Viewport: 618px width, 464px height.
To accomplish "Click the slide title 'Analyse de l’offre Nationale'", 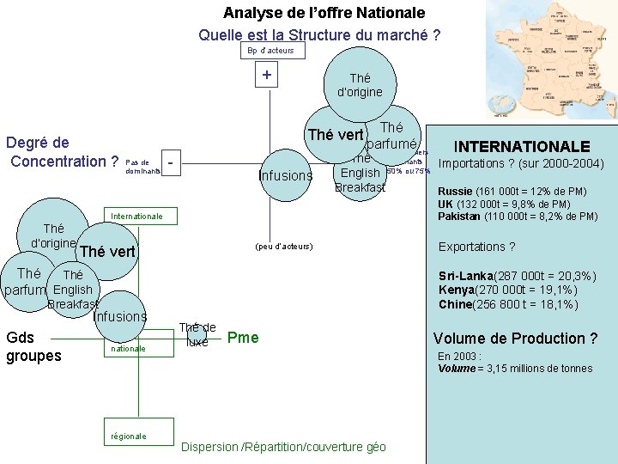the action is click(x=324, y=13).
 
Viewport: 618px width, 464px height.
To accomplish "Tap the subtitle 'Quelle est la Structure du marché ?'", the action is click(x=319, y=35).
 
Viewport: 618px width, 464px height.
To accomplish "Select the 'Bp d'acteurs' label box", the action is click(x=270, y=51).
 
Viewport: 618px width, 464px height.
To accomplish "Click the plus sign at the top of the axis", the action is click(x=267, y=76).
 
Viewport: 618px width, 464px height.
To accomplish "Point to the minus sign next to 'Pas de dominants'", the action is click(x=172, y=161).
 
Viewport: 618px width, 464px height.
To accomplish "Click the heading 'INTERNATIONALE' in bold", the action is click(x=521, y=147).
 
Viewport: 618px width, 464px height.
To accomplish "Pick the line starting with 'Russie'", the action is click(x=512, y=192).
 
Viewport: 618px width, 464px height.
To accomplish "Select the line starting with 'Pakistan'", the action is click(x=518, y=217).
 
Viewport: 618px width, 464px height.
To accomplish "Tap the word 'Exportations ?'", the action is click(x=477, y=247).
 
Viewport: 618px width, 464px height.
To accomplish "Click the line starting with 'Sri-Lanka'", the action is click(x=518, y=277).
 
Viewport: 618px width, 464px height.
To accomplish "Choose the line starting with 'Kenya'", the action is click(x=508, y=290).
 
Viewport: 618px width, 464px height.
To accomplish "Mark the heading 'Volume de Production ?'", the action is click(x=515, y=338).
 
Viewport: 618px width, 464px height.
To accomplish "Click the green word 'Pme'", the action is click(x=243, y=337).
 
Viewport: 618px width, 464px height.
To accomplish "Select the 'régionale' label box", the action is click(x=129, y=436).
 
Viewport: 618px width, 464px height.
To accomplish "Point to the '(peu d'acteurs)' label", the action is click(x=284, y=247).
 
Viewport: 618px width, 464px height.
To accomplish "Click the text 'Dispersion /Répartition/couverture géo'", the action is click(x=284, y=447).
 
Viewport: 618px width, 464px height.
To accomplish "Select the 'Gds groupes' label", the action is click(x=33, y=345).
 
